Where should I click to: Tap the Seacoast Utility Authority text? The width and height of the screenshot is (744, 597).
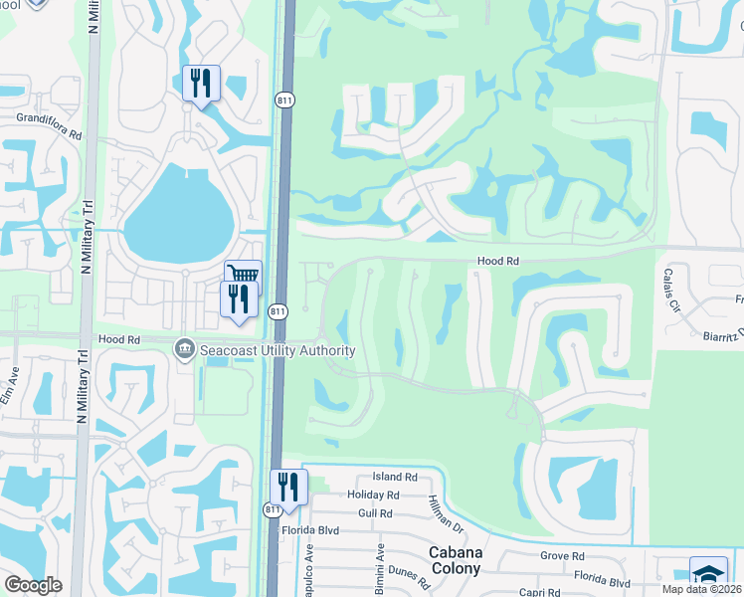tap(278, 350)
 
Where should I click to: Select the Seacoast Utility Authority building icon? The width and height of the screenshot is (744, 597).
tap(185, 350)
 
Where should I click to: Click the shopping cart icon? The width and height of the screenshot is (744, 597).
tap(243, 274)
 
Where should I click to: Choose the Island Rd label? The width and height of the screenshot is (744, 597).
tap(395, 479)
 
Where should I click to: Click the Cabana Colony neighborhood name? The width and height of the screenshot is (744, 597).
tap(455, 560)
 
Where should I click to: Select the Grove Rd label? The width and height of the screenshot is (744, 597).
tap(563, 556)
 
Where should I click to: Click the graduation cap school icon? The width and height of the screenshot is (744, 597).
tap(708, 575)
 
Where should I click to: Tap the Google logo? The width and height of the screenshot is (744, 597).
tap(33, 585)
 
